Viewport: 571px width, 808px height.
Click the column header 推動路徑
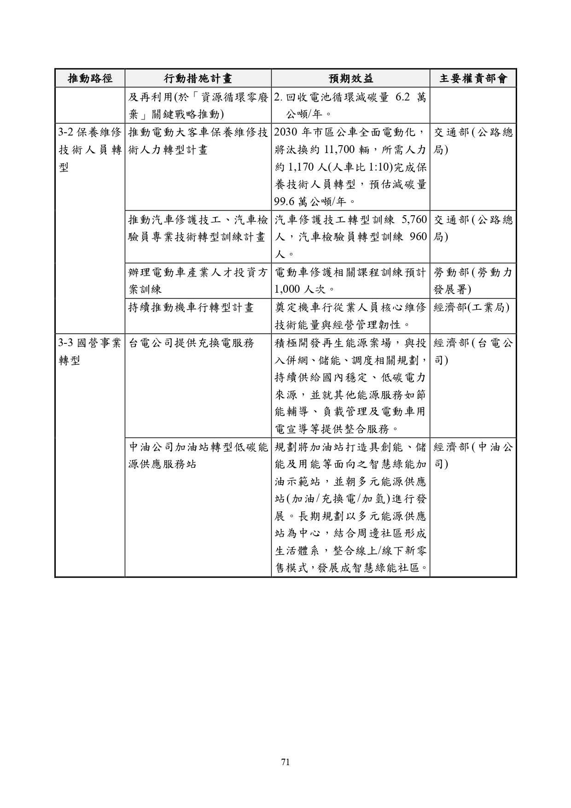click(90, 78)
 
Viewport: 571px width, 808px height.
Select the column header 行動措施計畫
click(198, 78)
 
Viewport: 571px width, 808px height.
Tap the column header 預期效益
click(350, 78)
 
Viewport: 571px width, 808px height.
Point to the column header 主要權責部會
click(473, 78)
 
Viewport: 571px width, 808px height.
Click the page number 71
click(285, 762)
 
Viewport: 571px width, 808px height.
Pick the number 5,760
click(414, 220)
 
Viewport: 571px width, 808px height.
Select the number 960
click(418, 237)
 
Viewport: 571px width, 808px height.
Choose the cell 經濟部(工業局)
click(472, 307)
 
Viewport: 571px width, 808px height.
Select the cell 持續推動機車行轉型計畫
click(191, 307)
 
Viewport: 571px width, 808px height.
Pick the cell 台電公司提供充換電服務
click(191, 343)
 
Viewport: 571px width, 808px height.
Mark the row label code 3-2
click(66, 133)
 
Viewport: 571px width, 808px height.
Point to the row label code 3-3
click(66, 343)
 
